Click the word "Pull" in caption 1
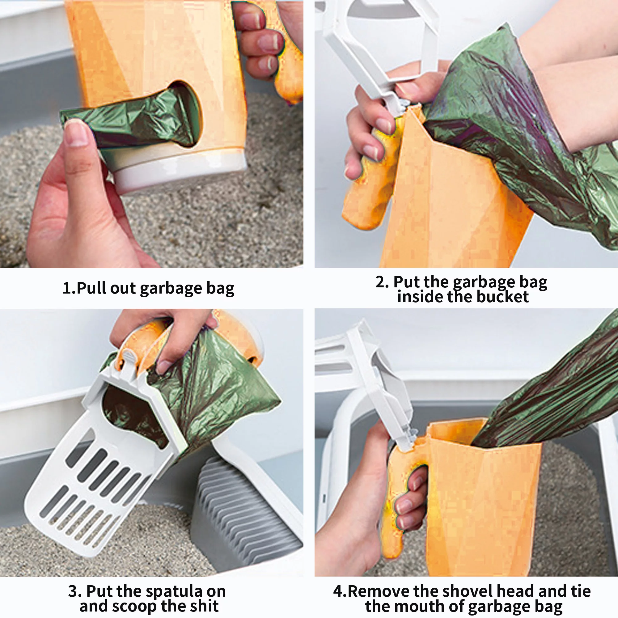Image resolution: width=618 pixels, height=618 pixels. tap(92, 288)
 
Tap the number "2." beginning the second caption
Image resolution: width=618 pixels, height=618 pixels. tap(382, 282)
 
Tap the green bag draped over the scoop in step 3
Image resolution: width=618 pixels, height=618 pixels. tap(218, 393)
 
